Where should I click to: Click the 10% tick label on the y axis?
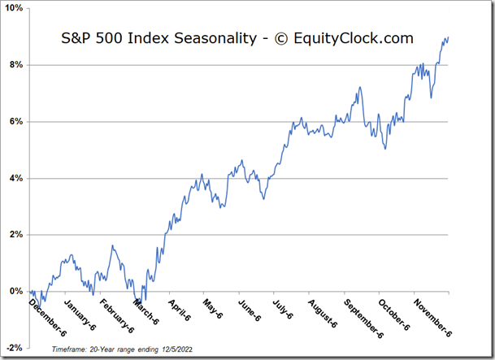coord(14,8)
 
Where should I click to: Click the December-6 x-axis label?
coord(50,316)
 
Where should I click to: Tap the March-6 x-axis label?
coord(150,312)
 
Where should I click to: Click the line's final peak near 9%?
coord(446,37)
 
